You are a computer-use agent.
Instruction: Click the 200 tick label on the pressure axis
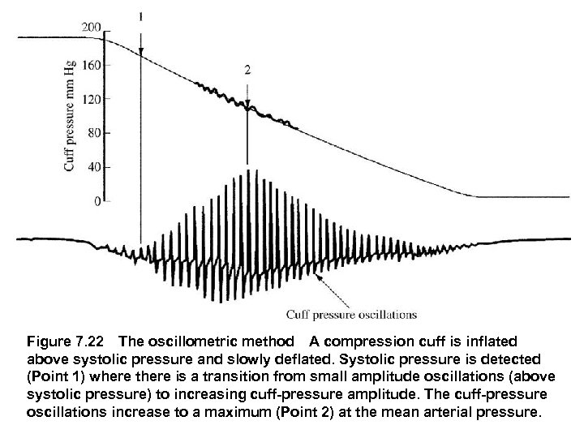91,28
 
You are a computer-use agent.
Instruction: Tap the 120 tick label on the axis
91,98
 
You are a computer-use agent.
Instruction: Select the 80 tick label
93,132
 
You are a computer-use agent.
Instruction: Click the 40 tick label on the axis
93,166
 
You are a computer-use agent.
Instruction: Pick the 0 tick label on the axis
97,200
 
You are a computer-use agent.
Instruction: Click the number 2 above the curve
247,71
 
